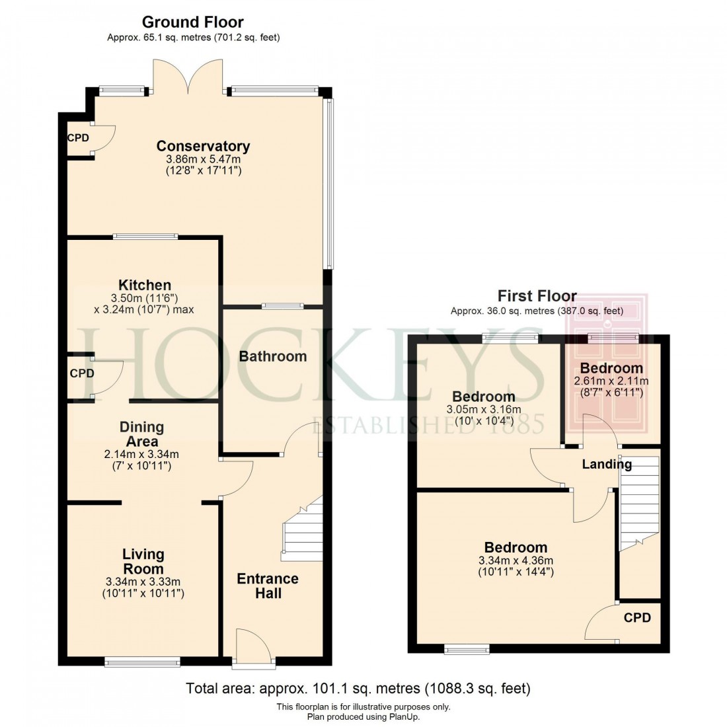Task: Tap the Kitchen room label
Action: (x=145, y=286)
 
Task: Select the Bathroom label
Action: (x=272, y=356)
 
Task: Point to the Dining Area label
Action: (x=142, y=434)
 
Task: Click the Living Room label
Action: (x=143, y=562)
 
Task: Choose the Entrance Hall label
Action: (x=268, y=586)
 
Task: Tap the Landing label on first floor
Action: (x=606, y=465)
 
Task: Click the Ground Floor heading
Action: (x=193, y=22)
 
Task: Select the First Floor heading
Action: (x=537, y=295)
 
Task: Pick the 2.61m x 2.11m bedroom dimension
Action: (x=611, y=381)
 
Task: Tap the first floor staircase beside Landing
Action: (x=639, y=502)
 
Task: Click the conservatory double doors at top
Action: (x=188, y=76)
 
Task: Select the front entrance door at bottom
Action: (x=252, y=646)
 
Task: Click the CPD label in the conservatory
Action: (x=78, y=138)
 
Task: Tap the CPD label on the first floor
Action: (x=637, y=618)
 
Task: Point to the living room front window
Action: (x=142, y=662)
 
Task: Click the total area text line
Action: (x=358, y=689)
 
